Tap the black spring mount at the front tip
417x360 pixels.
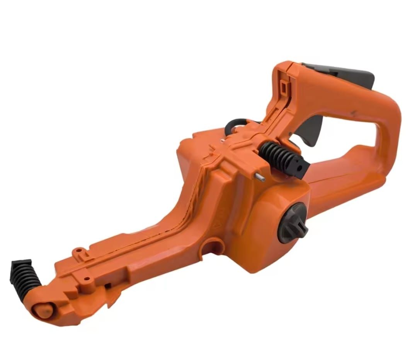click(x=24, y=276)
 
